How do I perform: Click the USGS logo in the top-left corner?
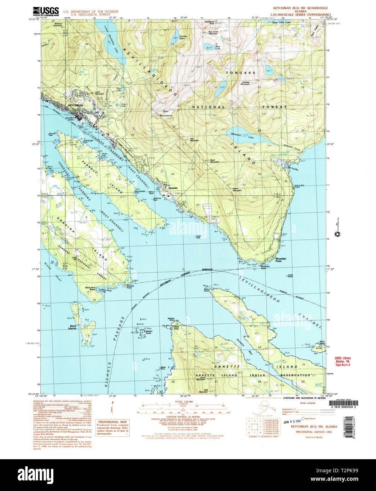pyautogui.click(x=46, y=11)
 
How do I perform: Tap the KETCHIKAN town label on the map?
pyautogui.click(x=75, y=105)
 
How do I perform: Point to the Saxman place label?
pyautogui.click(x=173, y=188)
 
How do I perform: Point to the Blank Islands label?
pyautogui.click(x=73, y=327)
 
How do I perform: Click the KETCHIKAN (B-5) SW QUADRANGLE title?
pyautogui.click(x=295, y=8)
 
